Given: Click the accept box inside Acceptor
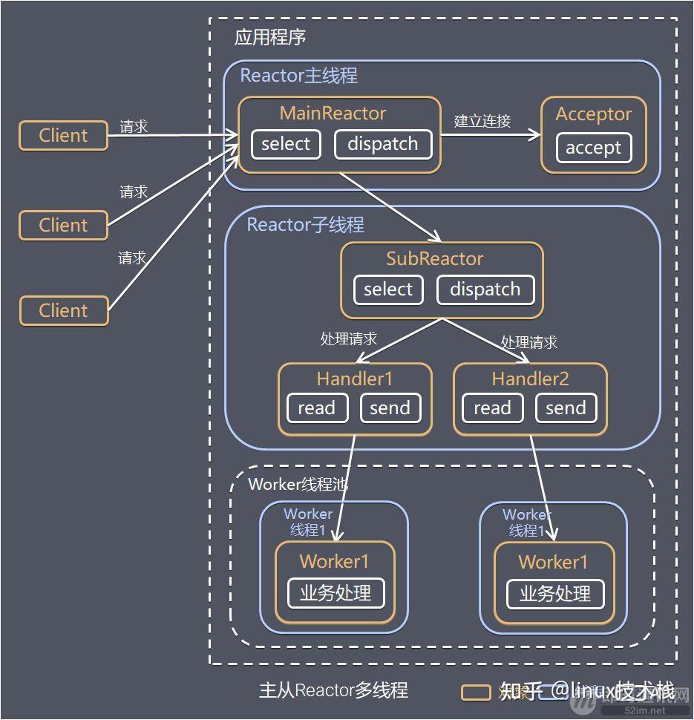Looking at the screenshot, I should [x=593, y=148].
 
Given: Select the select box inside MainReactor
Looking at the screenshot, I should [x=285, y=144].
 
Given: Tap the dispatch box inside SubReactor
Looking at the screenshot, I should [x=485, y=289].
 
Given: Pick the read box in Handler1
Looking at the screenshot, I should [x=317, y=408].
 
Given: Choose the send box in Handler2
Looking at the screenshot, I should [x=566, y=408].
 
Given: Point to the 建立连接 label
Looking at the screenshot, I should [x=482, y=120].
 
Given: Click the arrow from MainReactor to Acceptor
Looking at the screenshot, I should [x=490, y=135].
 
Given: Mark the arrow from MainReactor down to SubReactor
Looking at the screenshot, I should [x=390, y=207].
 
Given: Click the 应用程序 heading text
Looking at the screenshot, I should [x=269, y=37].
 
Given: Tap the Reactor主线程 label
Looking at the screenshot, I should [x=298, y=75].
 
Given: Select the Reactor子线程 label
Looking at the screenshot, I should [x=305, y=224].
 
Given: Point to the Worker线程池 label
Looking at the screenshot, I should [x=298, y=485].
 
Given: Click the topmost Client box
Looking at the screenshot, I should [x=63, y=136].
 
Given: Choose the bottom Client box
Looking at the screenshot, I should [x=63, y=310].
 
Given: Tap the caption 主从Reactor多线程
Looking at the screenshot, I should [x=333, y=690].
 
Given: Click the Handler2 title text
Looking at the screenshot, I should [x=530, y=379].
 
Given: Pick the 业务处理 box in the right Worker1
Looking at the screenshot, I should [x=554, y=594].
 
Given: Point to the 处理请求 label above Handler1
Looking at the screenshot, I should [x=348, y=339].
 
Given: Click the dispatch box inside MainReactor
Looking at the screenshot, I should [x=382, y=144].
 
